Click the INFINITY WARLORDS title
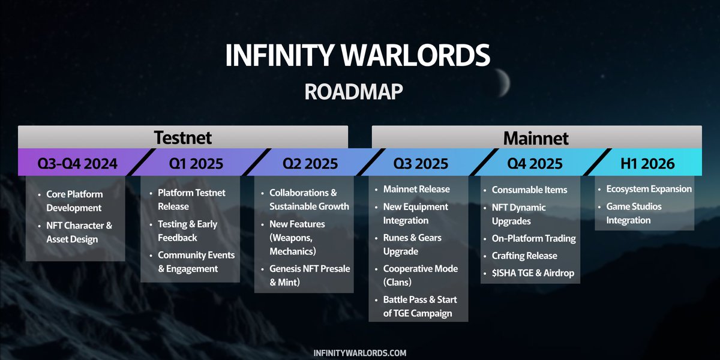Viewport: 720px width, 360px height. [x=358, y=55]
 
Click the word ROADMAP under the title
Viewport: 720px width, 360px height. [x=353, y=91]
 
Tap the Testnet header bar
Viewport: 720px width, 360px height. [x=183, y=137]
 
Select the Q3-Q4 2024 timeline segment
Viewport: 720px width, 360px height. [x=77, y=163]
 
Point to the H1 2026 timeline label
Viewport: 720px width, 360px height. [x=647, y=163]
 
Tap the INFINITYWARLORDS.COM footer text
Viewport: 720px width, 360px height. [x=360, y=353]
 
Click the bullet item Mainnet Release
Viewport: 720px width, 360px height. [x=416, y=189]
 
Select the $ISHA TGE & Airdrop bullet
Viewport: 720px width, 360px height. [x=533, y=273]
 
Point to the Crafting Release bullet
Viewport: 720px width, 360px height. [x=524, y=256]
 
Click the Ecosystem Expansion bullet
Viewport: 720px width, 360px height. [x=649, y=189]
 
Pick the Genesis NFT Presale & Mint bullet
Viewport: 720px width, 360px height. [x=309, y=275]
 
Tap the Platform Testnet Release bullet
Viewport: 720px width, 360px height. [x=191, y=199]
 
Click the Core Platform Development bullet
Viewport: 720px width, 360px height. [x=74, y=201]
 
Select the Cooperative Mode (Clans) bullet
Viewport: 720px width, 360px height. [x=420, y=275]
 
